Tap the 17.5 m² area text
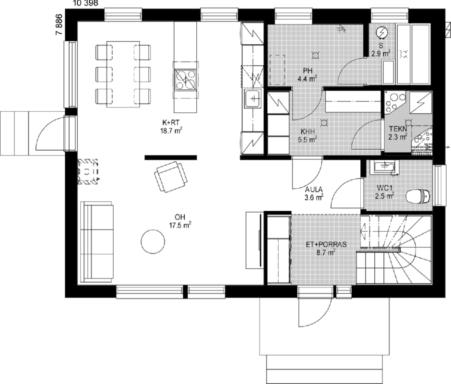click(180, 225)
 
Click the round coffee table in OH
click(153, 241)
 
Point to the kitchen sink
click(252, 99)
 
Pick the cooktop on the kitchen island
click(186, 80)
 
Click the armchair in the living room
click(171, 177)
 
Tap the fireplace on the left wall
click(87, 172)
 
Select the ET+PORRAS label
click(326, 245)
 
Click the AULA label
click(314, 190)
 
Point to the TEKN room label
click(398, 129)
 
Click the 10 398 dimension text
click(86, 3)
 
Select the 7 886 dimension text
click(59, 24)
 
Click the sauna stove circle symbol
click(382, 32)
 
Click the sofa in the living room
click(97, 242)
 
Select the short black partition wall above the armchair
click(170, 157)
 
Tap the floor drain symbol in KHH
click(324, 123)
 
